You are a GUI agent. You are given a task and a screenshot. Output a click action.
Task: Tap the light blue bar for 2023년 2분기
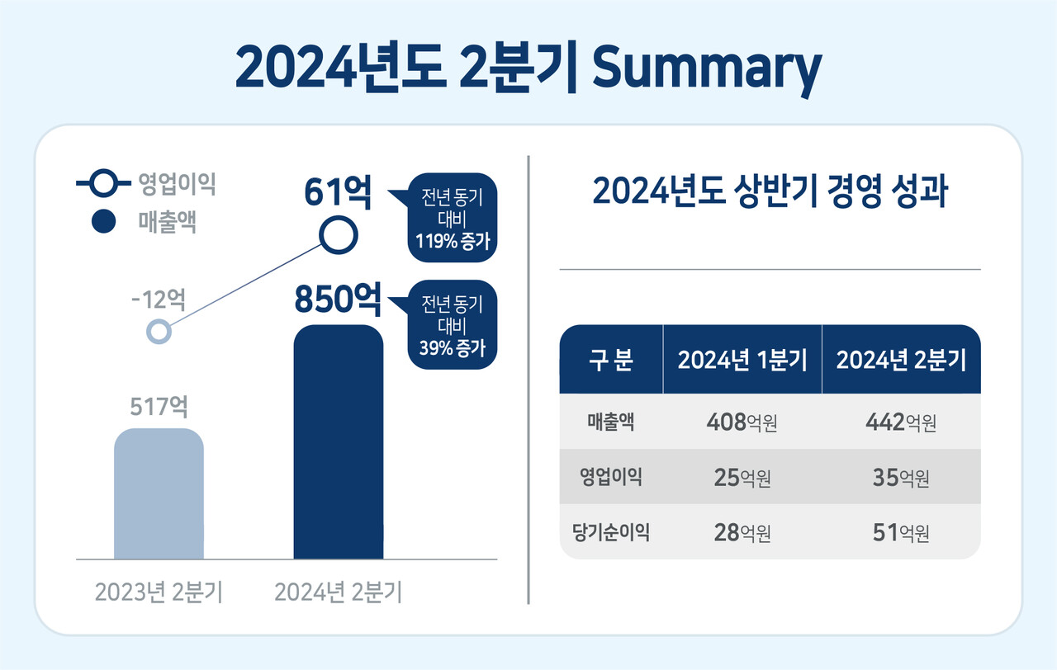pos(159,495)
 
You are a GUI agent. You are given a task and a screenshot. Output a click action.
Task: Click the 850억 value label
pos(338,300)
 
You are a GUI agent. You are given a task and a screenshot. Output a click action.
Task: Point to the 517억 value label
pos(159,407)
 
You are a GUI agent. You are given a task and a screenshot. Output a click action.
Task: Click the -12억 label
pos(158,299)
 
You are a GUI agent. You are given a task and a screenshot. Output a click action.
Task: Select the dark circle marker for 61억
pos(339,236)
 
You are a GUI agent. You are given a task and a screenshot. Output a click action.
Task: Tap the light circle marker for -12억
pos(158,332)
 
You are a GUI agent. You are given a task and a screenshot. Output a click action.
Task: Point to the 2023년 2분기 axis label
pos(159,592)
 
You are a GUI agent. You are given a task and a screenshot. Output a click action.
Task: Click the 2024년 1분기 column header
pos(742,361)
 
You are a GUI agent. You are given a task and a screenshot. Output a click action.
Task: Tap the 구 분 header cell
pos(611,361)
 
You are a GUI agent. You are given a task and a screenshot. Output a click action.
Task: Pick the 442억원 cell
pos(901,423)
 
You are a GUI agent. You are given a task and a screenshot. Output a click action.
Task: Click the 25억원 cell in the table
pos(742,478)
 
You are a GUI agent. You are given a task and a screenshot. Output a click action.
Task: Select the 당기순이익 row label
pos(611,532)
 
